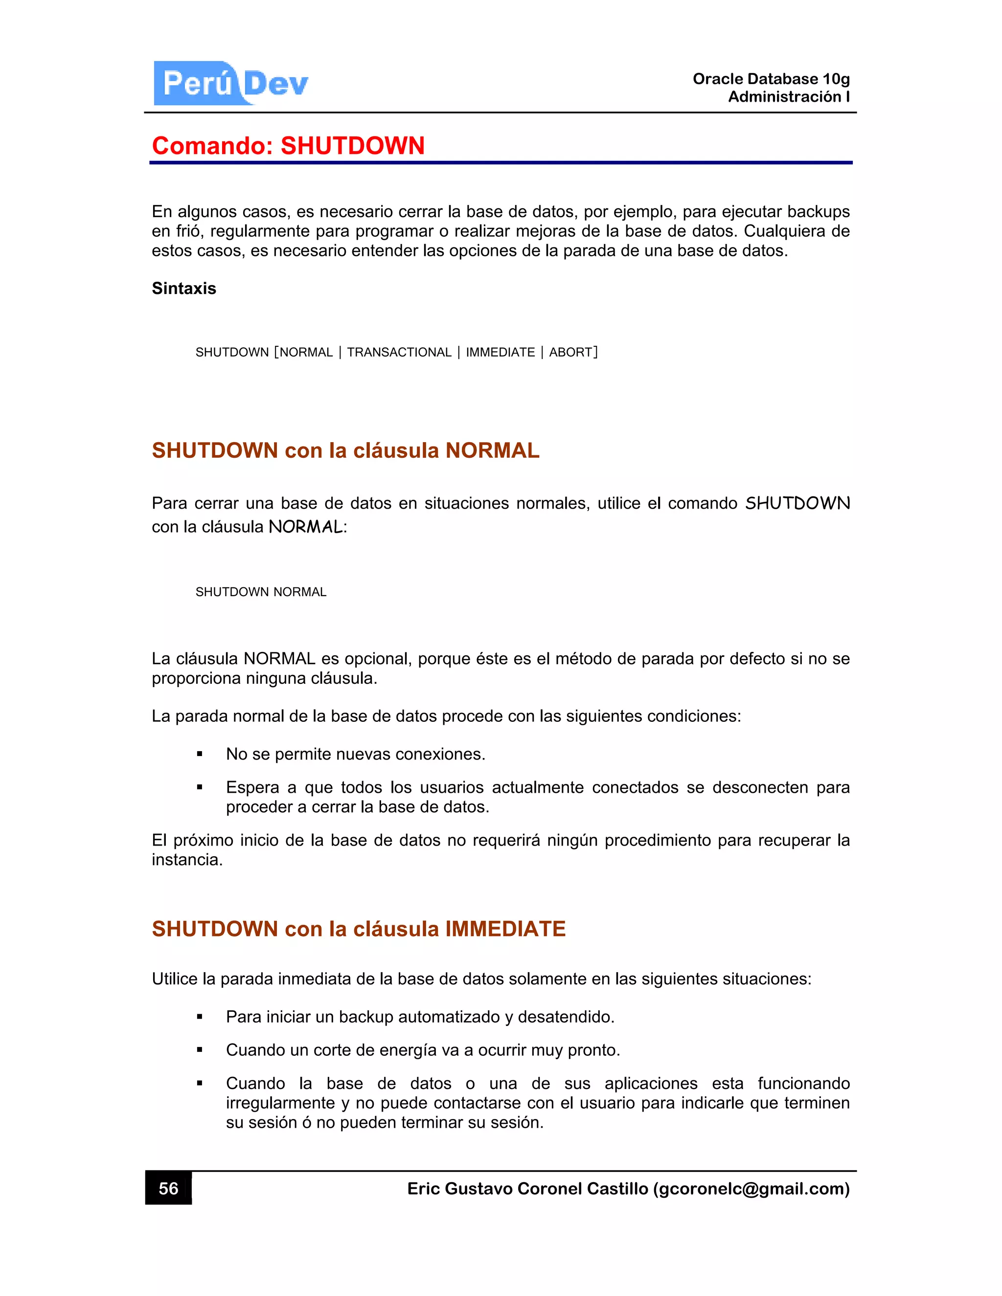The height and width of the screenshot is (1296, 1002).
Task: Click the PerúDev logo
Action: pos(231,83)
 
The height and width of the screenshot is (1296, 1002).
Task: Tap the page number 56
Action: pos(169,1188)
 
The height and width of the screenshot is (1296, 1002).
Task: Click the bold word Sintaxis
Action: pos(184,289)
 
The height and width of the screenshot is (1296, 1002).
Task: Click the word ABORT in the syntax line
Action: pos(570,353)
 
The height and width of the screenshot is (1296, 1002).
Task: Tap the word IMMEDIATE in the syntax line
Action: pos(500,353)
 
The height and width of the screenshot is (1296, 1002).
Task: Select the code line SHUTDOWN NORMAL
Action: pos(261,592)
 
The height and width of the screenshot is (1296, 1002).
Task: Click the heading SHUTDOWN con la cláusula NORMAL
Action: pos(345,450)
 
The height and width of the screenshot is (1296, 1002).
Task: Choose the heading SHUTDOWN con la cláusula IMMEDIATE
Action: pos(359,929)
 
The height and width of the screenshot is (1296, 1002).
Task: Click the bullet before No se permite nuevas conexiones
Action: pos(200,755)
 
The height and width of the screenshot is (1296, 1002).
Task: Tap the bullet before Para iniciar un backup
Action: pos(200,1017)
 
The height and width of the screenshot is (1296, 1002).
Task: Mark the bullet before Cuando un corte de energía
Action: pos(200,1050)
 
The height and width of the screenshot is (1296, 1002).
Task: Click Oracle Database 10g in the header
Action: pos(771,79)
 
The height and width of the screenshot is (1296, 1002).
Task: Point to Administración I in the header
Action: pos(788,97)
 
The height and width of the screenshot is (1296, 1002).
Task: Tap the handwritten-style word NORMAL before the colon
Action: pos(305,527)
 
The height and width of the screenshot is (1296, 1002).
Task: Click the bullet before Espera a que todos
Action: pos(200,788)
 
